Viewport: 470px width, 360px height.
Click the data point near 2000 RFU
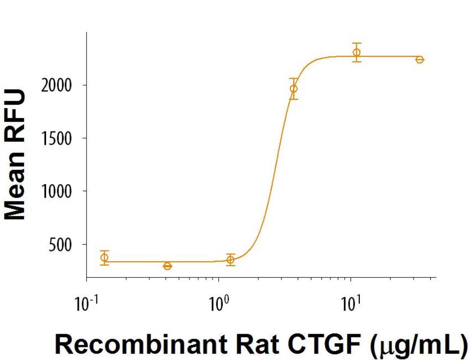(x=293, y=89)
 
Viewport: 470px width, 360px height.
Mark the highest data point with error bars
(x=356, y=52)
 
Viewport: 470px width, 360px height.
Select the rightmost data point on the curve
(x=420, y=59)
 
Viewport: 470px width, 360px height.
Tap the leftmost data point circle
(x=104, y=258)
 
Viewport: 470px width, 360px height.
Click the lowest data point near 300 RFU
(x=167, y=266)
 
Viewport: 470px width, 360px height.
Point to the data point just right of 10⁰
(x=231, y=260)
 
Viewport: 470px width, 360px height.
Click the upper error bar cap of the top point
(x=356, y=44)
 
